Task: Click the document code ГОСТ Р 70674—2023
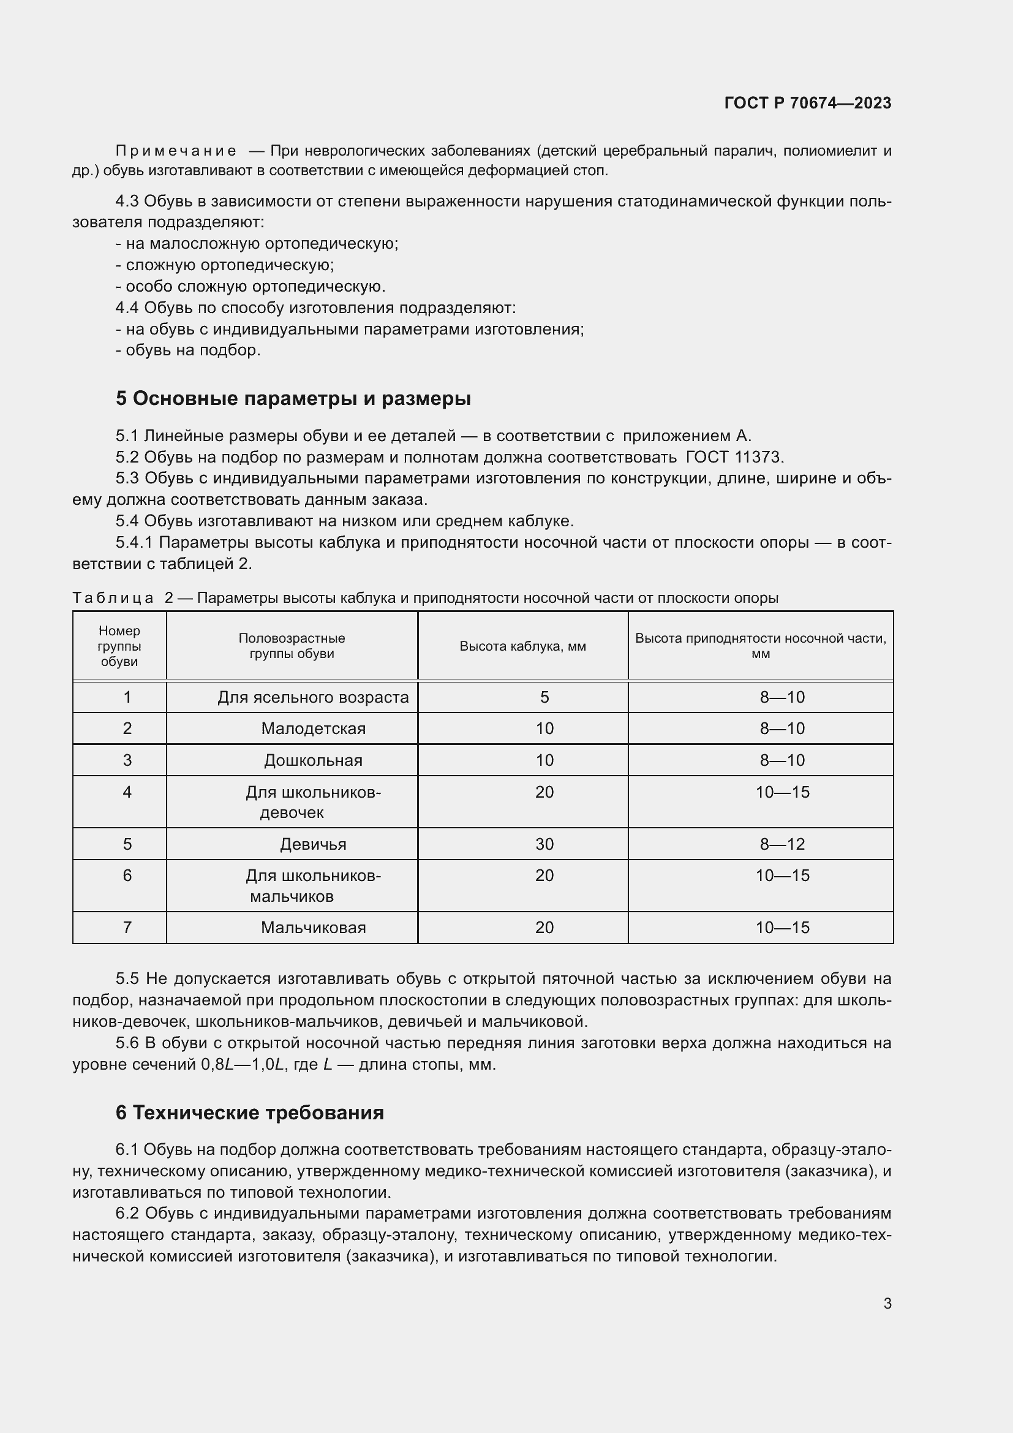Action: pyautogui.click(x=808, y=103)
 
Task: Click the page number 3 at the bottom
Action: pyautogui.click(x=887, y=1303)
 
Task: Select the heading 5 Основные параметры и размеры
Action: pyautogui.click(x=293, y=398)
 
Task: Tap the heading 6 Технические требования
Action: pyautogui.click(x=249, y=1112)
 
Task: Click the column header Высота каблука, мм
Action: pyautogui.click(x=522, y=646)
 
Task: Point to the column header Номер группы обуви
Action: pyautogui.click(x=119, y=646)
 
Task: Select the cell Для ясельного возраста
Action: pyautogui.click(x=312, y=697)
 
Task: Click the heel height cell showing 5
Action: pyautogui.click(x=544, y=697)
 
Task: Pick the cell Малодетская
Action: pyautogui.click(x=313, y=728)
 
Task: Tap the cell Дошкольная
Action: pyautogui.click(x=313, y=760)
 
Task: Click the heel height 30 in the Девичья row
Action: pyautogui.click(x=544, y=844)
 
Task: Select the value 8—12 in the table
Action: pyautogui.click(x=781, y=844)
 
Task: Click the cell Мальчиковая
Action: pyautogui.click(x=313, y=928)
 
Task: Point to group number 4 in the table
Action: pyautogui.click(x=127, y=792)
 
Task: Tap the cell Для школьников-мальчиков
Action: pyautogui.click(x=313, y=886)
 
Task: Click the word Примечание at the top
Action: pyautogui.click(x=176, y=151)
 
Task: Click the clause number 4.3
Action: pyautogui.click(x=127, y=202)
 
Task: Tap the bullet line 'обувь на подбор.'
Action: pyautogui.click(x=192, y=350)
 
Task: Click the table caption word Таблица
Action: pyautogui.click(x=113, y=598)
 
